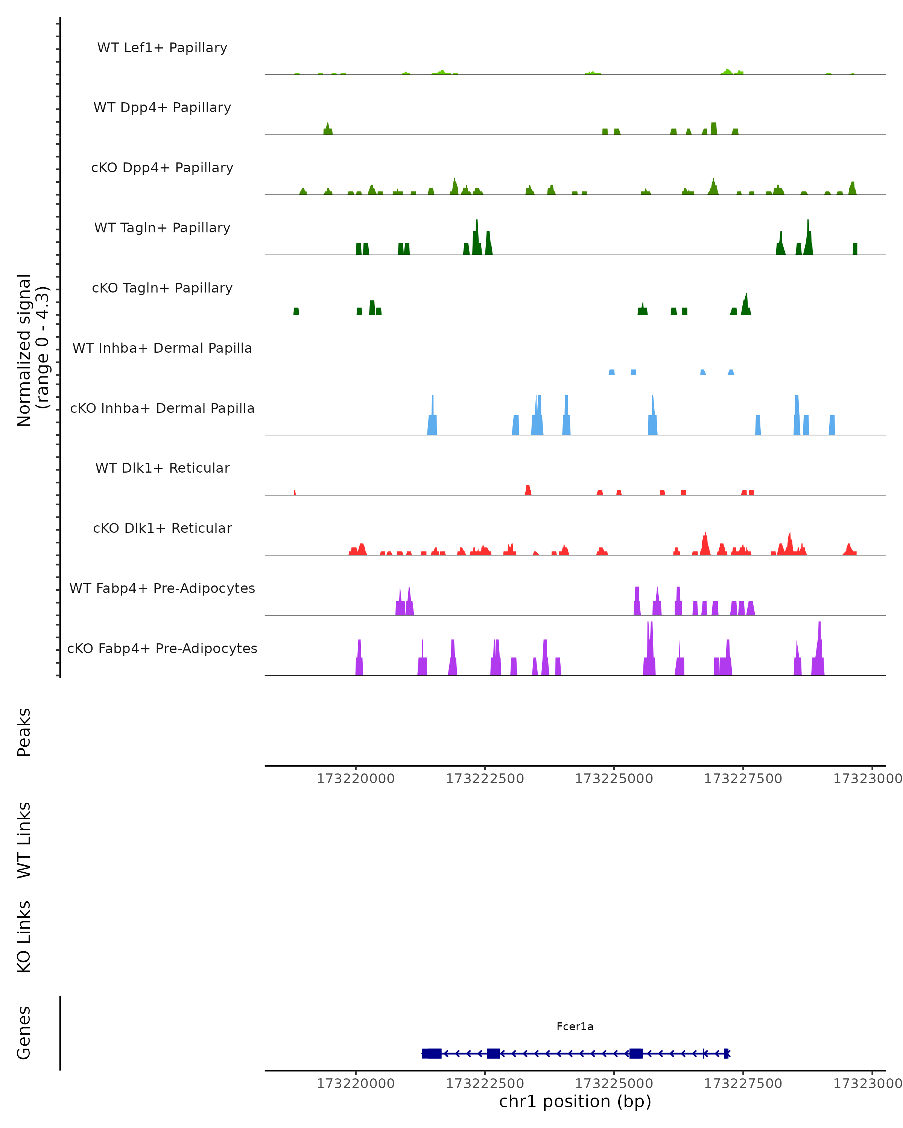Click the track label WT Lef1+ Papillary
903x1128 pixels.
click(x=162, y=48)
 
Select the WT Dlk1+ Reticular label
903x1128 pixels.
click(x=162, y=468)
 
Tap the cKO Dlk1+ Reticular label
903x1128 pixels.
click(x=162, y=528)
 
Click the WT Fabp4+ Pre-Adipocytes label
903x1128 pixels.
click(x=162, y=588)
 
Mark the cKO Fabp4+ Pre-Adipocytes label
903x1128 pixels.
click(x=162, y=648)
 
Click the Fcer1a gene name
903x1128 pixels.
click(x=575, y=1026)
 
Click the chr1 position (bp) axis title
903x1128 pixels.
click(x=575, y=1101)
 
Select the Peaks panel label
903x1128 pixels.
click(x=24, y=732)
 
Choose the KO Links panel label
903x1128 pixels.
click(x=24, y=937)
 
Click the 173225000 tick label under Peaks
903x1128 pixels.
click(x=614, y=779)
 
